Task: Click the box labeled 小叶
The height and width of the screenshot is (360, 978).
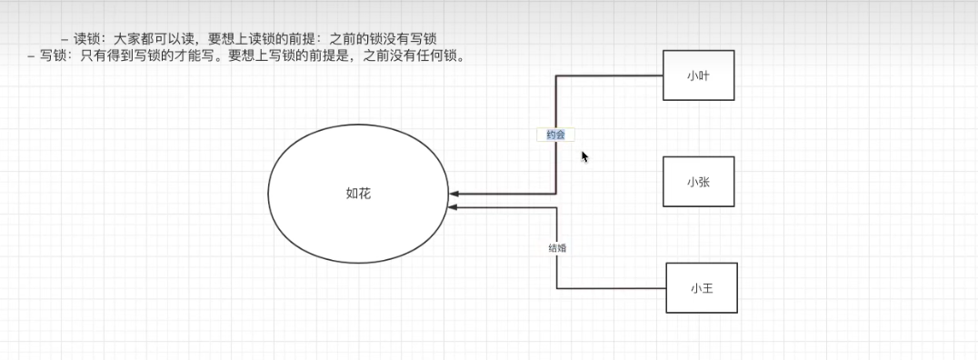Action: (698, 75)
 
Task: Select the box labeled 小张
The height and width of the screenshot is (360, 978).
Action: (698, 182)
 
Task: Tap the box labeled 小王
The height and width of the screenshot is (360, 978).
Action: (701, 288)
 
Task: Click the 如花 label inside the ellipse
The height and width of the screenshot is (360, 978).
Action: (358, 194)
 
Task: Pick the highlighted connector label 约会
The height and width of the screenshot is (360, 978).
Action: (555, 135)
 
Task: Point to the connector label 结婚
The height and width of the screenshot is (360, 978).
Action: (557, 247)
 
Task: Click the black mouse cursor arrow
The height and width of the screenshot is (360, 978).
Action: (585, 156)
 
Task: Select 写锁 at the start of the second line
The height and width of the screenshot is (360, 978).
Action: (53, 56)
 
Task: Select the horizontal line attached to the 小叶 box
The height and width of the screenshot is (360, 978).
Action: (609, 75)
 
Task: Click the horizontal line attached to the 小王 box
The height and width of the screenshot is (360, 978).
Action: (611, 288)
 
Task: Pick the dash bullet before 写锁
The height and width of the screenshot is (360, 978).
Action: (32, 56)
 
